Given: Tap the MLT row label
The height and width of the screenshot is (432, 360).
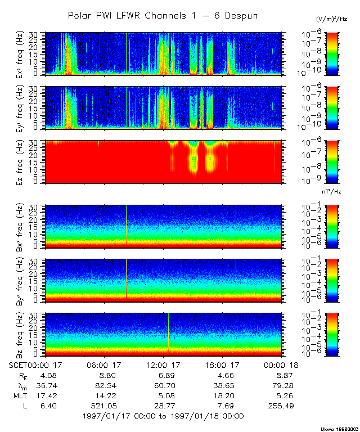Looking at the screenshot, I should point(20,395).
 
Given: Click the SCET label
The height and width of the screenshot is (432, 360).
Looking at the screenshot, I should point(19,364).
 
